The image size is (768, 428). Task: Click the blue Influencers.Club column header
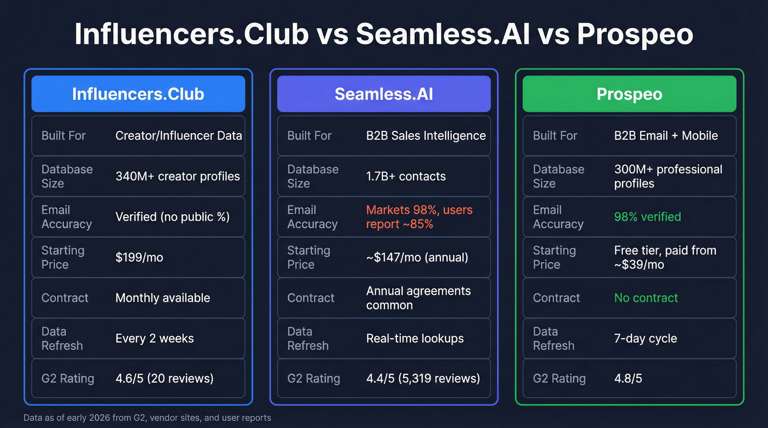(138, 94)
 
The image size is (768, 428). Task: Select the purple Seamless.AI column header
(383, 94)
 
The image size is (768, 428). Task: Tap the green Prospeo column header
(629, 94)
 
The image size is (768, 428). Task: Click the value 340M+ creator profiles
(178, 176)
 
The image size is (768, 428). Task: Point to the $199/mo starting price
(139, 258)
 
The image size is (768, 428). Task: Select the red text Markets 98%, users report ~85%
(419, 217)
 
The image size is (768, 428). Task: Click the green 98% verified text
(647, 217)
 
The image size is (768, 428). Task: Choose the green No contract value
(646, 298)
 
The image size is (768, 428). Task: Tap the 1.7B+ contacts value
(406, 176)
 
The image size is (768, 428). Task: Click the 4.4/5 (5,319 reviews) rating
(423, 379)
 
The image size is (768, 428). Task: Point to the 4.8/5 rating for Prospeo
(629, 379)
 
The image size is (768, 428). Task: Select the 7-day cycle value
(645, 339)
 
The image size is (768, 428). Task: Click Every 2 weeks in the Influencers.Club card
(155, 339)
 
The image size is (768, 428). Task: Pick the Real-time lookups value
(415, 339)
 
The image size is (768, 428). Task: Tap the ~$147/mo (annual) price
(417, 258)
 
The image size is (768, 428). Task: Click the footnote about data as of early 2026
(147, 418)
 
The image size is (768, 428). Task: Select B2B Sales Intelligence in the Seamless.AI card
(426, 136)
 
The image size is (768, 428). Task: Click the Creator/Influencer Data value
(179, 136)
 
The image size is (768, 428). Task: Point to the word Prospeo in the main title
(635, 35)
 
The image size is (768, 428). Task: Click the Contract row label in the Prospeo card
(556, 298)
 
